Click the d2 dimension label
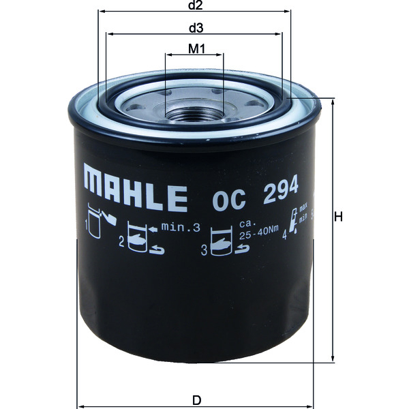196,6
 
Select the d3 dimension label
196,28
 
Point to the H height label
336,217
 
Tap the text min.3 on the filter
183,229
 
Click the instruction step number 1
87,223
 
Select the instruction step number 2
121,241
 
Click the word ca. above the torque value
246,223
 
